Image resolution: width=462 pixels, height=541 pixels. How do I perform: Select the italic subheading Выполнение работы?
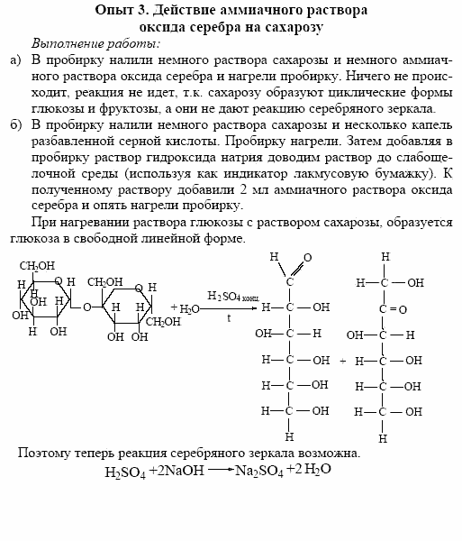[95, 43]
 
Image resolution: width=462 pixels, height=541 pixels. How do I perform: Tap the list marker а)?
[14, 60]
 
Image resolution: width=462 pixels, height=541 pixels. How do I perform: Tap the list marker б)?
[14, 124]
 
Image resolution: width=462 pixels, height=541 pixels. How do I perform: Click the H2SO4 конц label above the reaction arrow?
[233, 297]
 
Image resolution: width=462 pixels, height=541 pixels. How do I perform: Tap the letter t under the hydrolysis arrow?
[230, 318]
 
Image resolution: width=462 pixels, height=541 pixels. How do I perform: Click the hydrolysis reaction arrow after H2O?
[231, 307]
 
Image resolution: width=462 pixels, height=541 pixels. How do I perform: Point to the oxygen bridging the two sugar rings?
[86, 307]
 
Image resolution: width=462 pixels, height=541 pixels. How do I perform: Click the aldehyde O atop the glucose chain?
[307, 258]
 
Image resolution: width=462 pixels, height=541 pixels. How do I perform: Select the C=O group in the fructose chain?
[387, 308]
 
